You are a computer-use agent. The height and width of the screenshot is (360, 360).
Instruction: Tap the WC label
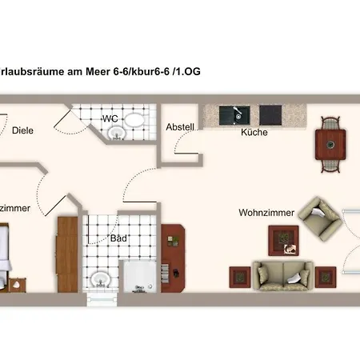110,118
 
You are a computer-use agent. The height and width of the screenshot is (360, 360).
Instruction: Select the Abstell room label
179,127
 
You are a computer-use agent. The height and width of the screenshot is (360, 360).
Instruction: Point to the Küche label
254,132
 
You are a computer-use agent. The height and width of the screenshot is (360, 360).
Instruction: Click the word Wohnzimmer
266,213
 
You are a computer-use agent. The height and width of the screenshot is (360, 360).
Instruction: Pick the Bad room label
119,238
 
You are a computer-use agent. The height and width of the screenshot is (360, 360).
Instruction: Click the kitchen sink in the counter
237,114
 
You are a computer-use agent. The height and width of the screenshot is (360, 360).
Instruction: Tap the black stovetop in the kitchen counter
268,114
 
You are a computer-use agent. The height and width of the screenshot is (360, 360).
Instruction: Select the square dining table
330,144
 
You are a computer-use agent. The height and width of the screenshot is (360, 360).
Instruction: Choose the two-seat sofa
282,275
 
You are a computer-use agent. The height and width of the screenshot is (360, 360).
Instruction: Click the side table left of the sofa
240,277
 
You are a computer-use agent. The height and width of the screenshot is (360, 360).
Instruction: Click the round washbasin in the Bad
100,279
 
